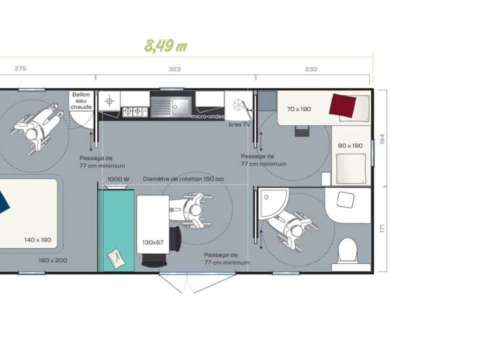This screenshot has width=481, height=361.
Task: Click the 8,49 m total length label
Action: pos(166,46)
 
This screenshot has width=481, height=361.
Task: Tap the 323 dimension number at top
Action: pos(174,69)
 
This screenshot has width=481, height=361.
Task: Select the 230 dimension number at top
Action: pos(311,69)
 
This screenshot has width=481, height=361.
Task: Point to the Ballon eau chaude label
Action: pos(81,101)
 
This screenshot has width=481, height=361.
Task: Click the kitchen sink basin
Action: pos(181,106)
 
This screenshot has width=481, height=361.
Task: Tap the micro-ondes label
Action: pos(207,117)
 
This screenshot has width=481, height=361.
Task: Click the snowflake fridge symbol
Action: pos(237,105)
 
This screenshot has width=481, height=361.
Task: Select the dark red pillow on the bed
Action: pos(342,106)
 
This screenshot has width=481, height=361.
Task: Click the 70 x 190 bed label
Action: pos(299,109)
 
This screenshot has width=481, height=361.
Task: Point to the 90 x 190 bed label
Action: pos(350,145)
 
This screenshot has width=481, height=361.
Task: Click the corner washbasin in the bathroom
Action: pos(272,202)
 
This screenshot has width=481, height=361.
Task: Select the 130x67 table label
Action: pos(153,243)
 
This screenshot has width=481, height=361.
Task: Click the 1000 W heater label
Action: pos(118,179)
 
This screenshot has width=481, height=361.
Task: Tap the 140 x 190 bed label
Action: pos(38,240)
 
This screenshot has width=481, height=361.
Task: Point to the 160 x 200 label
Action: pos(53,260)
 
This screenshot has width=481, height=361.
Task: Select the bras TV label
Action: pos(239,125)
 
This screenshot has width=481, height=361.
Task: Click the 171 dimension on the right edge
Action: pos(382,229)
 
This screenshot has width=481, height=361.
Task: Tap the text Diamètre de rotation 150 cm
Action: pos(183,179)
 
